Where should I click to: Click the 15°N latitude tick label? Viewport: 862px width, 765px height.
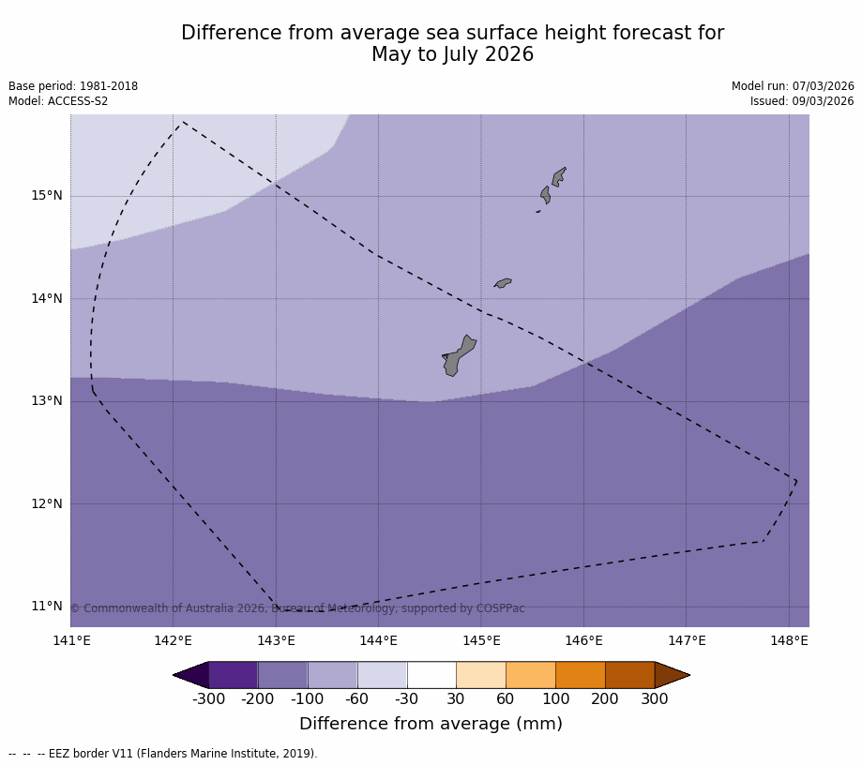(x=47, y=196)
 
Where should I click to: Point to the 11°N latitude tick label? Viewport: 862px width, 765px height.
(x=47, y=606)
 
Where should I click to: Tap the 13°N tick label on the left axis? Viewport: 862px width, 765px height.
(x=47, y=401)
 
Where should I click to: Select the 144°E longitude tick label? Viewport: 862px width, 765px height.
(x=378, y=641)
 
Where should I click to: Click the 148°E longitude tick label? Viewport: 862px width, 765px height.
(x=789, y=641)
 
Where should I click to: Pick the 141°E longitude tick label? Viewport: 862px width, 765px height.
(x=71, y=641)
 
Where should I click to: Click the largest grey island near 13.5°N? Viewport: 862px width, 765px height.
(x=458, y=356)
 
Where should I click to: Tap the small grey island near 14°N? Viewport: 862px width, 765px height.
(x=503, y=282)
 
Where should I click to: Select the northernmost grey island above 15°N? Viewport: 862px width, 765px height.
(x=558, y=176)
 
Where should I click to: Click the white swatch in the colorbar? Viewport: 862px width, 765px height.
(x=431, y=675)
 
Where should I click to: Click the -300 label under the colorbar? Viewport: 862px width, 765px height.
(x=208, y=699)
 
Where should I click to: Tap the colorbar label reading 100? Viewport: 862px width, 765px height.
(x=555, y=699)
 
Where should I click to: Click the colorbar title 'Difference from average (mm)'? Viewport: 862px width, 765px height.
(x=431, y=725)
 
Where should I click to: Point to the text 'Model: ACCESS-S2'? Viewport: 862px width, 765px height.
(x=58, y=101)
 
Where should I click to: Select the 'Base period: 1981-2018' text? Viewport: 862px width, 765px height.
(x=73, y=86)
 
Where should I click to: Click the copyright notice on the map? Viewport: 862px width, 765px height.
(x=297, y=609)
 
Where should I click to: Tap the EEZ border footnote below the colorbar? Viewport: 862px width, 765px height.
(x=163, y=754)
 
